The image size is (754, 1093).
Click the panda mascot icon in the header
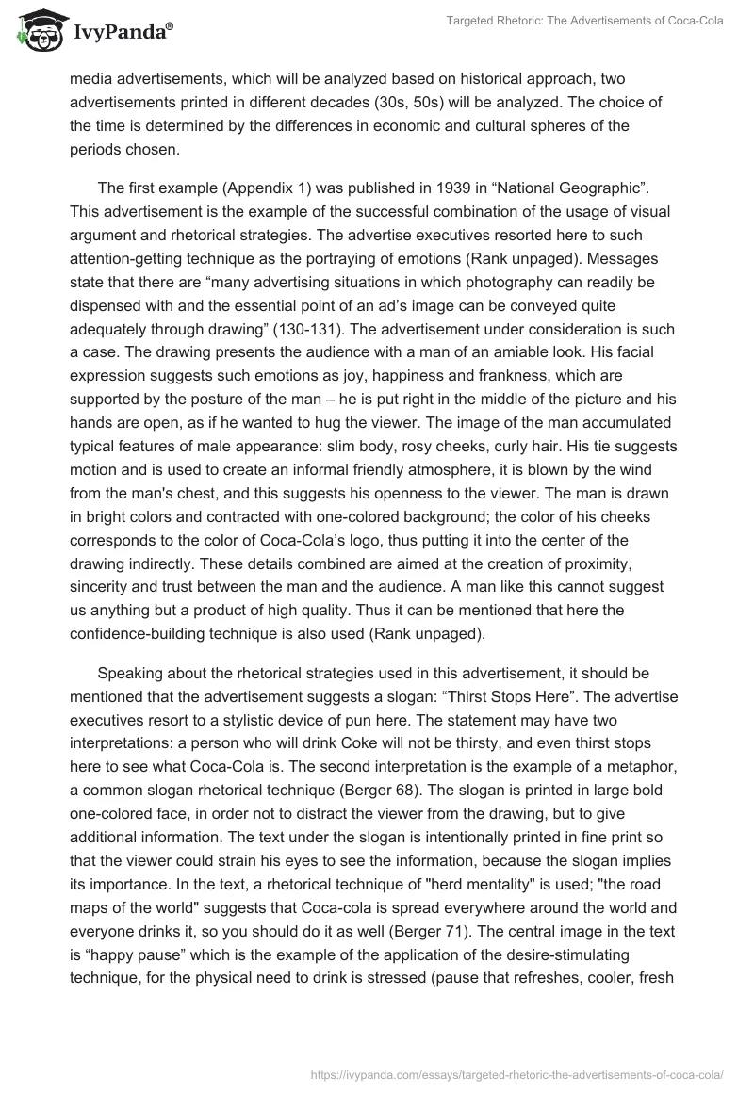[x=36, y=30]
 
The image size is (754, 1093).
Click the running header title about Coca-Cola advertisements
[x=583, y=21]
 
